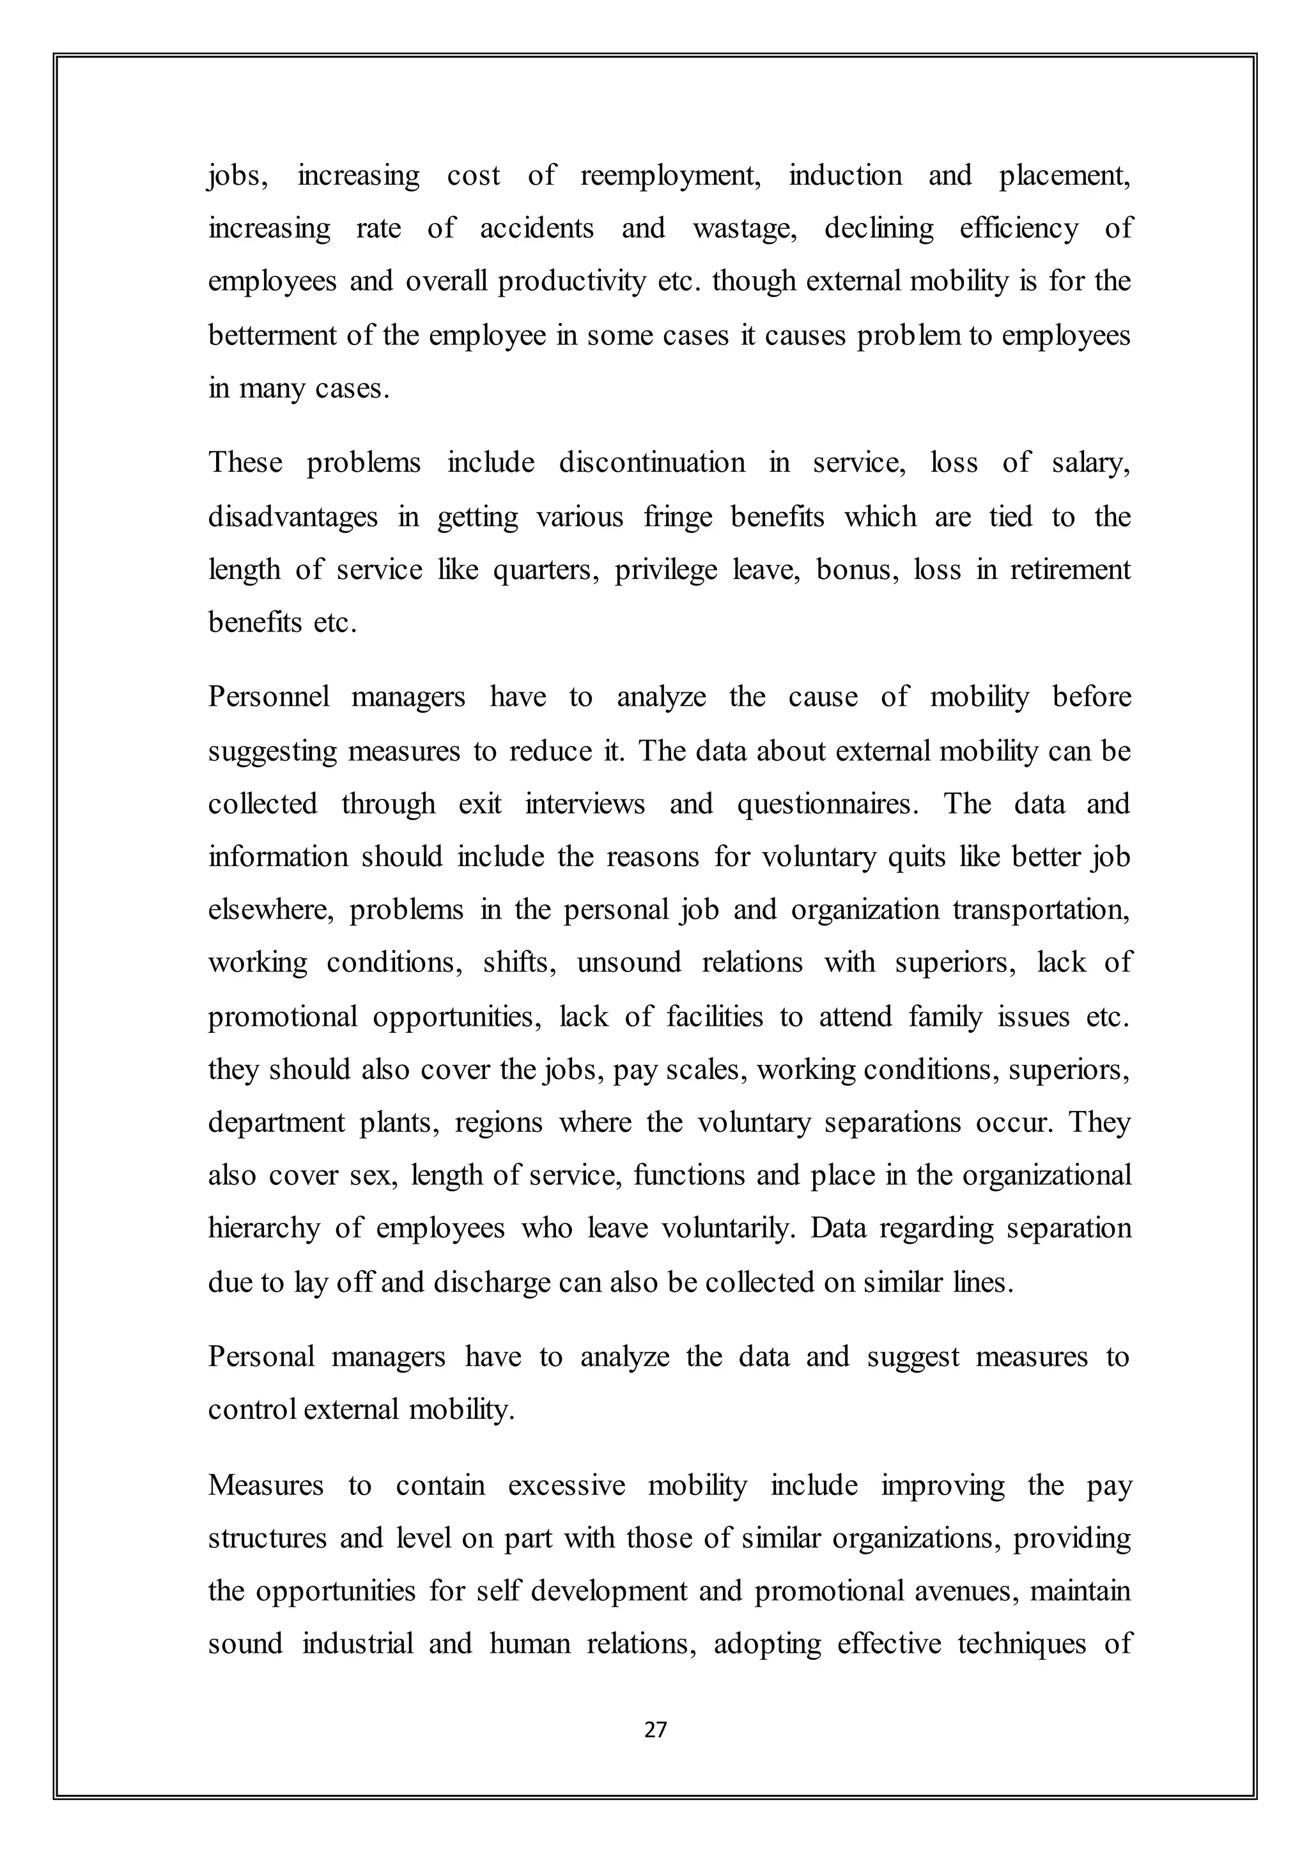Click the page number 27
pos(655,1730)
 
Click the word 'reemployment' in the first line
pos(670,176)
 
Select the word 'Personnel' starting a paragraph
pos(268,697)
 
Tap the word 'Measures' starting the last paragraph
pos(265,1485)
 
